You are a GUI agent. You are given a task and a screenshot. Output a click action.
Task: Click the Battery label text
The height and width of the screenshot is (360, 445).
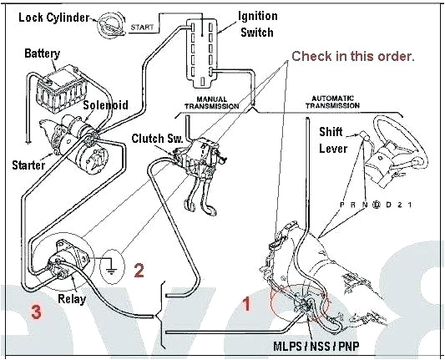click(42, 53)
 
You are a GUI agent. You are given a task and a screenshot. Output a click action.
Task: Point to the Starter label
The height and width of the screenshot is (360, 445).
click(28, 165)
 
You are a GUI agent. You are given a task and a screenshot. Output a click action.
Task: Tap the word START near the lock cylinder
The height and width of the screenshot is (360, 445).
click(144, 28)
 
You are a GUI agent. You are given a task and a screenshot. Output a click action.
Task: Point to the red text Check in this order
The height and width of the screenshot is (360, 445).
click(352, 57)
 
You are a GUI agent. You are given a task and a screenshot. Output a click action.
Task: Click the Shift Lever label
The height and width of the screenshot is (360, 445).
click(334, 140)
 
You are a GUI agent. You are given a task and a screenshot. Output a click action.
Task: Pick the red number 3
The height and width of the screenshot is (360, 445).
click(36, 313)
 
